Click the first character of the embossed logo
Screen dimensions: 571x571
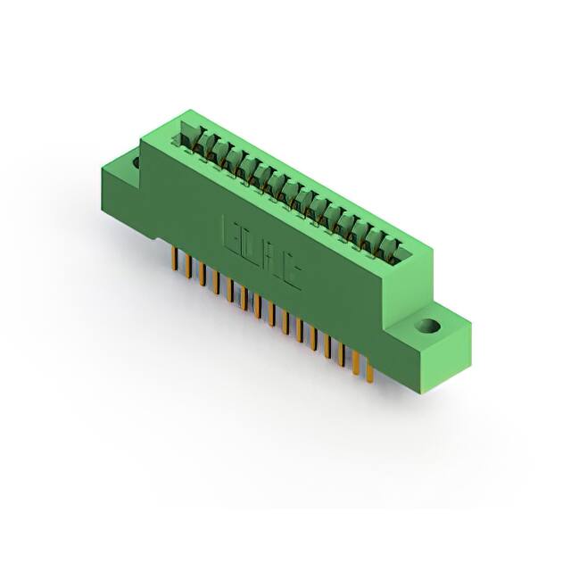click(x=229, y=234)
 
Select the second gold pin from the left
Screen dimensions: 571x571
click(x=184, y=265)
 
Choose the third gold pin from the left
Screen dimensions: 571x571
click(x=197, y=272)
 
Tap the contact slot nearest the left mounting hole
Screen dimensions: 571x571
click(x=190, y=136)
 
